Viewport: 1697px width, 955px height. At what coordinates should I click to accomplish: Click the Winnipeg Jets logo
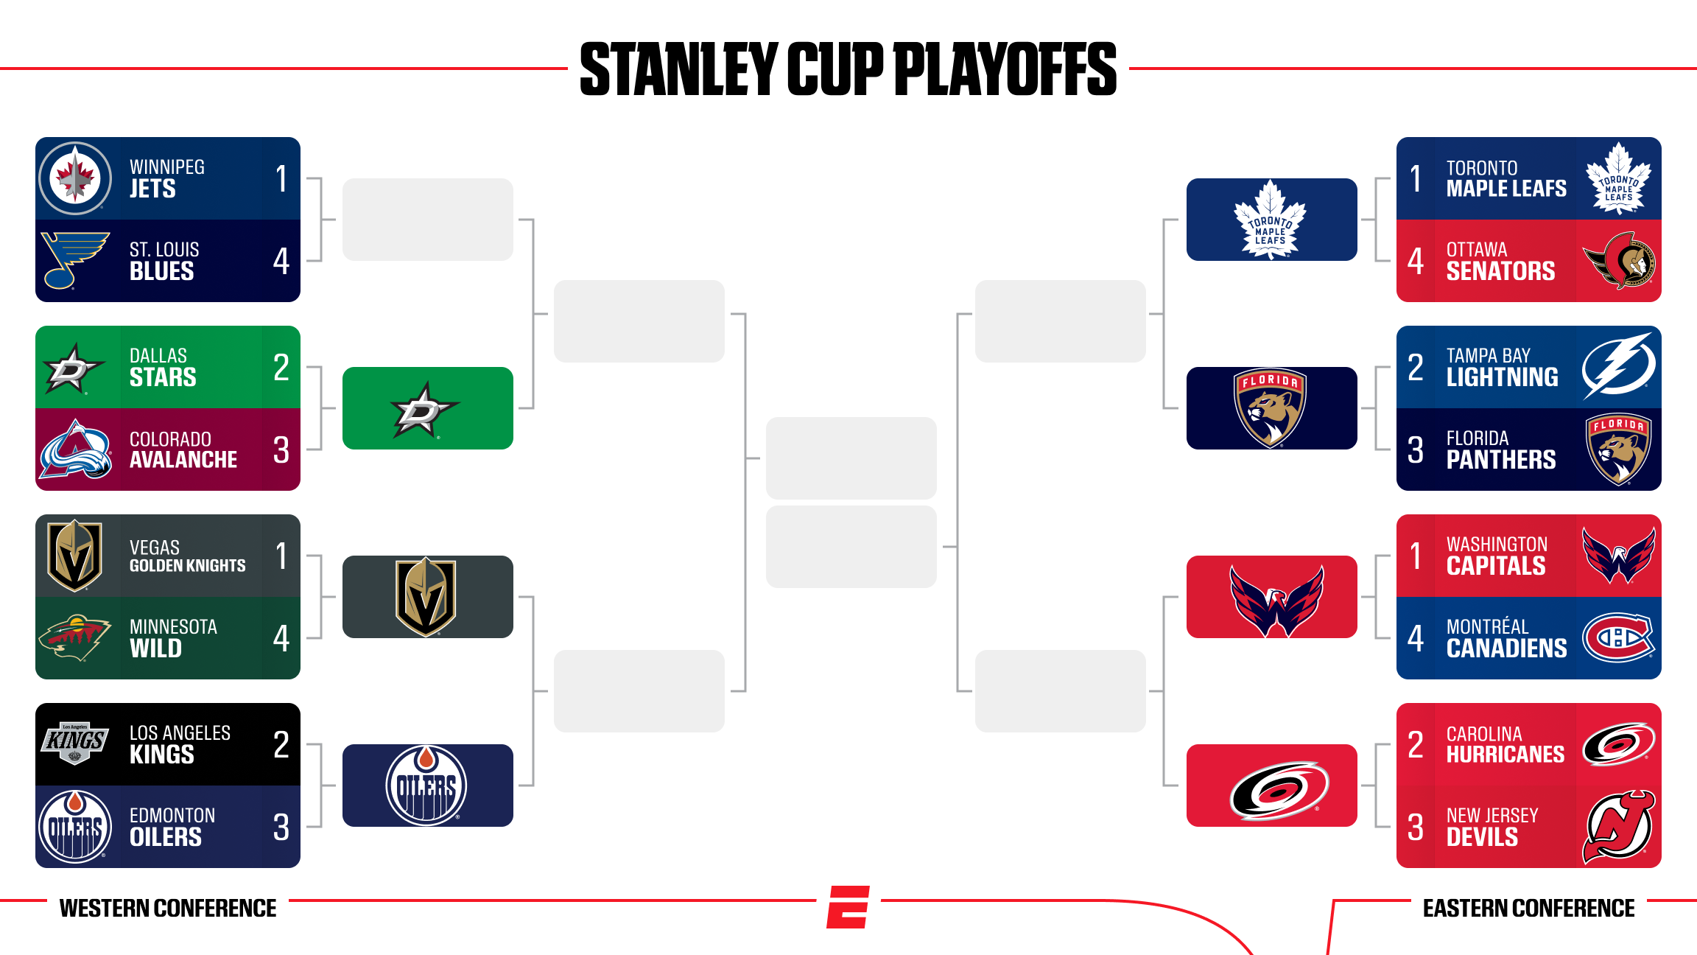tap(75, 178)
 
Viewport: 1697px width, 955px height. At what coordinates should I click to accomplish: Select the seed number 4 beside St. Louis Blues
tap(281, 261)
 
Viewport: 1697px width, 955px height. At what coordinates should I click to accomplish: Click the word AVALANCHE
tap(183, 460)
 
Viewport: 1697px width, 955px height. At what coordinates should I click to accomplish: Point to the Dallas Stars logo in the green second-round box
tap(425, 409)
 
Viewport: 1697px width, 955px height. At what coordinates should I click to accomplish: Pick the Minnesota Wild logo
tap(75, 637)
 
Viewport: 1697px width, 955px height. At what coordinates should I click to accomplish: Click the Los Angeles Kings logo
tap(75, 742)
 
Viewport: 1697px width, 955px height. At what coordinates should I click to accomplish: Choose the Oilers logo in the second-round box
tap(426, 786)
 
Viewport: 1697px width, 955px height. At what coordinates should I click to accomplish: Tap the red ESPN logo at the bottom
tap(848, 907)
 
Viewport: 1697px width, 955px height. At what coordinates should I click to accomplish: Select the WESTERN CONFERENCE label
tap(168, 908)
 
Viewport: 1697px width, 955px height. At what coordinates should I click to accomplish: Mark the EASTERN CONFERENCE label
tap(1528, 908)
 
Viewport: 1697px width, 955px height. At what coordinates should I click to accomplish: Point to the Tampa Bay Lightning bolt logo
tap(1619, 366)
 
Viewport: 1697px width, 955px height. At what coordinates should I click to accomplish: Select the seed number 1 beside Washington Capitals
tap(1415, 556)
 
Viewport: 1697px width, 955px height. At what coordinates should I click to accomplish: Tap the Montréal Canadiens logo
tap(1619, 637)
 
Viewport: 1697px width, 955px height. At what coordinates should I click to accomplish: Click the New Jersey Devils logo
tap(1619, 827)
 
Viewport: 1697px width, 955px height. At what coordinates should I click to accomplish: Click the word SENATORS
tap(1500, 271)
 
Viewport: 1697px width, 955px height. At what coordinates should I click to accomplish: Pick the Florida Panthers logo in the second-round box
tap(1271, 407)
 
